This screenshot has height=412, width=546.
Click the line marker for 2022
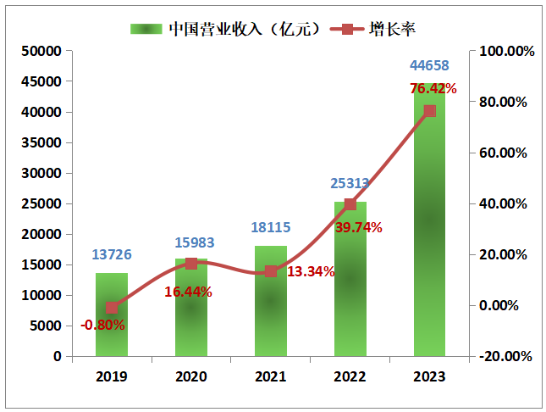click(350, 204)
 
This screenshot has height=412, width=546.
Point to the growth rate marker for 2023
click(429, 111)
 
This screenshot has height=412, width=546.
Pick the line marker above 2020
click(191, 264)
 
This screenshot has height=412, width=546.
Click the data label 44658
click(429, 66)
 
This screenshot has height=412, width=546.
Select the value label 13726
click(112, 255)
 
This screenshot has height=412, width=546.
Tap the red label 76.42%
click(433, 88)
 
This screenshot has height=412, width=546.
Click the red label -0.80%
click(103, 325)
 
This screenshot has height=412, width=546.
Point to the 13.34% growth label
click(311, 271)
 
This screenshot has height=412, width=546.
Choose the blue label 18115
click(271, 227)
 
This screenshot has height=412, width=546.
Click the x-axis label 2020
click(191, 375)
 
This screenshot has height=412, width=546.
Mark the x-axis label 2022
click(350, 375)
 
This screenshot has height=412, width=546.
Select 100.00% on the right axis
click(507, 51)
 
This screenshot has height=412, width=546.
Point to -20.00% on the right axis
click(507, 356)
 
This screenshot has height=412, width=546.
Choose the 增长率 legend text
click(392, 29)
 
